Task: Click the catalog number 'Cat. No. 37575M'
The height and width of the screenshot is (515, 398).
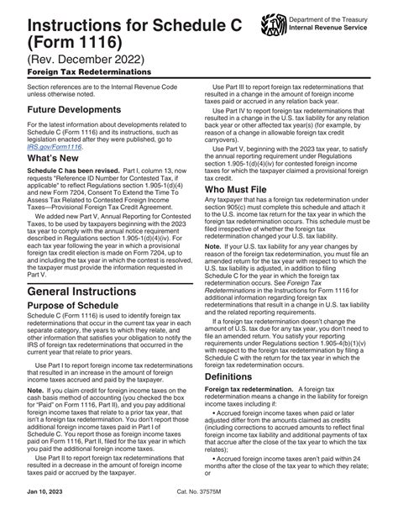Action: click(x=199, y=503)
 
